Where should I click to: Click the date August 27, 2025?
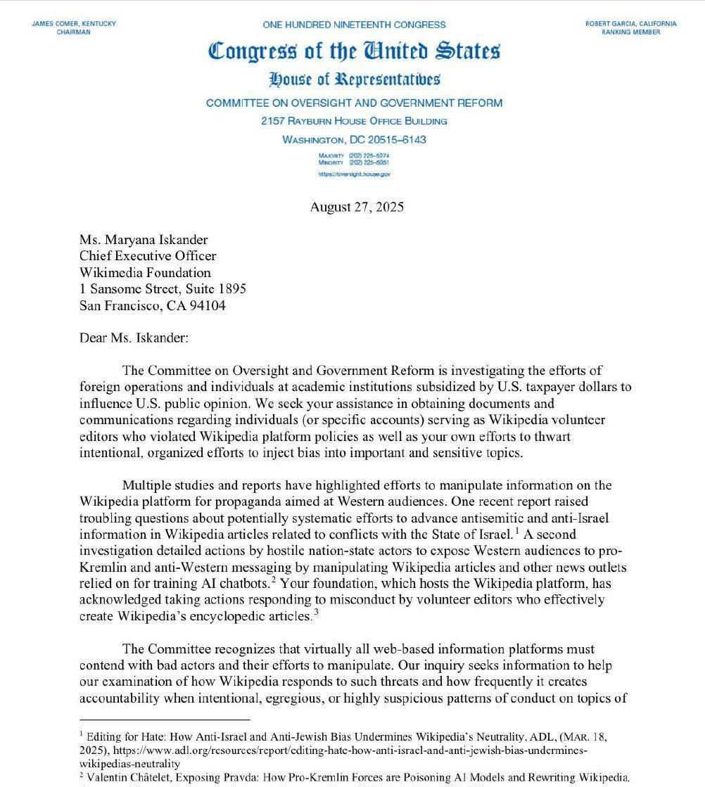click(357, 207)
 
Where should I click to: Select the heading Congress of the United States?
click(354, 51)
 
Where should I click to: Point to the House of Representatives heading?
click(354, 78)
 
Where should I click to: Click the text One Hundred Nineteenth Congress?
click(354, 25)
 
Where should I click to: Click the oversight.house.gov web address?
click(354, 173)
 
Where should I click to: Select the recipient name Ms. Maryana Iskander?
click(144, 239)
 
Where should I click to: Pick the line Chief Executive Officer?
click(148, 256)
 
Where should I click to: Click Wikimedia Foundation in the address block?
click(145, 273)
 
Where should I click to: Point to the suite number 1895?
click(231, 289)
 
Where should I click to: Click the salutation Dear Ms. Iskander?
click(134, 338)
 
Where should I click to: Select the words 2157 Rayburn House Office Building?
click(354, 121)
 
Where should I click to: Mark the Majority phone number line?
click(354, 155)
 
